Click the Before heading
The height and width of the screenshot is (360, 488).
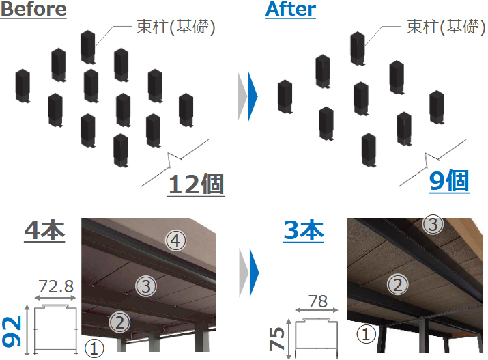[x=33, y=9]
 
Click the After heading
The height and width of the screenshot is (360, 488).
[x=291, y=9]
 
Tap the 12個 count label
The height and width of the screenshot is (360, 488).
[x=196, y=184]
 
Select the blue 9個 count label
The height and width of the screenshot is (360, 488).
[x=449, y=180]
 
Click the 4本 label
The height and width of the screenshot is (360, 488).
[x=44, y=230]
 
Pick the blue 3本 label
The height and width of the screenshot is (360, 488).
[x=304, y=230]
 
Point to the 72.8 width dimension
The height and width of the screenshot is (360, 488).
[x=56, y=286]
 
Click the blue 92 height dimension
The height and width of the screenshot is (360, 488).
[x=12, y=332]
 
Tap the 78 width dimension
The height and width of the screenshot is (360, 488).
[x=318, y=301]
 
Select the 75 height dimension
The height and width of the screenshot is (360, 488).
[x=276, y=339]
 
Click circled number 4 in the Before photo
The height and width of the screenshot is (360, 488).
[x=176, y=240]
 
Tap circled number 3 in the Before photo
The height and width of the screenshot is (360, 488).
[x=146, y=286]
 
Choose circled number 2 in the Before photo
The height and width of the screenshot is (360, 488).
[x=120, y=322]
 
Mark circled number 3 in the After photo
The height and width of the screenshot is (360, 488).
[x=433, y=224]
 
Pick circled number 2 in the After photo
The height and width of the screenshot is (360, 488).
[x=398, y=285]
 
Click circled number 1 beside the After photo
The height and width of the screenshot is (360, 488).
[x=366, y=334]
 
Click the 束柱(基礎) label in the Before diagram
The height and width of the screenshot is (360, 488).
[x=176, y=27]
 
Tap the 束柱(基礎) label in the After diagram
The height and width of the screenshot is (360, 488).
[x=446, y=27]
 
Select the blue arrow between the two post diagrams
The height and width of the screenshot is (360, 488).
[x=253, y=96]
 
